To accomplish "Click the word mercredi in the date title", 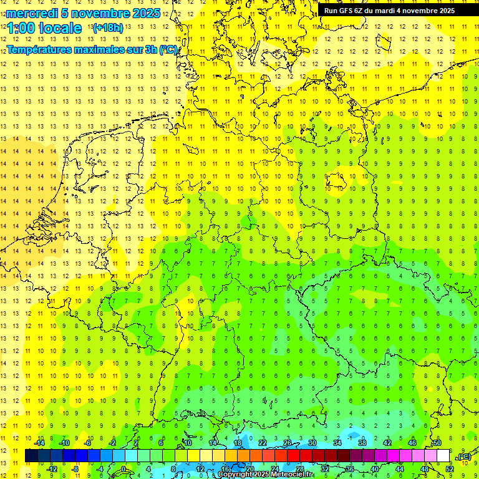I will [32, 13].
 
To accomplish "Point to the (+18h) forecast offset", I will [108, 28].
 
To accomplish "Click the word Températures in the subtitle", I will [41, 49].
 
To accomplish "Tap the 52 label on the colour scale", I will [450, 468].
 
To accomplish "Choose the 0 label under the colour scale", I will [123, 468].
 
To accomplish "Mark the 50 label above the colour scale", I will [437, 443].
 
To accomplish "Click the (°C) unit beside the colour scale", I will [465, 457].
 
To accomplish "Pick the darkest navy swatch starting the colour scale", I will [31, 456].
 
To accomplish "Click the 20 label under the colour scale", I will [250, 468].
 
